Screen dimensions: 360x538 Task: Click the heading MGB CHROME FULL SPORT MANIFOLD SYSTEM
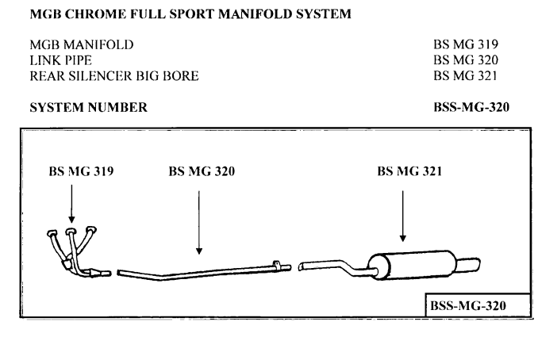(190, 13)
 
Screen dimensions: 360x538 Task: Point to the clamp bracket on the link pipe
(279, 265)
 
